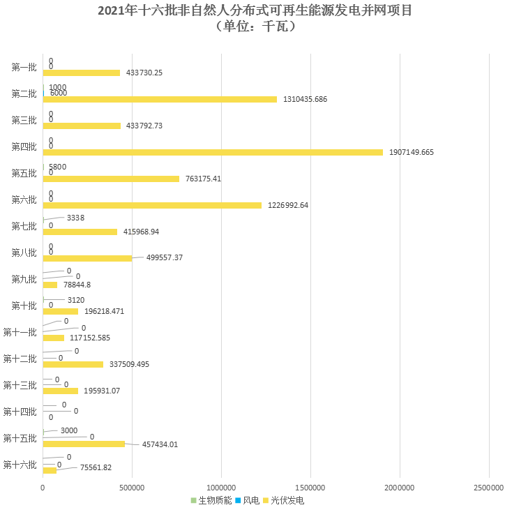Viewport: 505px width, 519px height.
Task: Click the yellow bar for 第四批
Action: point(213,152)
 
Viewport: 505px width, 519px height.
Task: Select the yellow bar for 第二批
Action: point(160,99)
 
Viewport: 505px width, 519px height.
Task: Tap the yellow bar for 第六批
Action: point(152,205)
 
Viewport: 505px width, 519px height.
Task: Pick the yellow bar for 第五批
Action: point(111,179)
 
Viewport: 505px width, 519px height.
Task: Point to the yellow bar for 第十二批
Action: point(73,364)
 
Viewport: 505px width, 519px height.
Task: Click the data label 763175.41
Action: point(203,179)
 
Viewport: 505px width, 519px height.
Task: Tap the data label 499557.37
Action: point(165,257)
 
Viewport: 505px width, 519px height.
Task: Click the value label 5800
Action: point(57,167)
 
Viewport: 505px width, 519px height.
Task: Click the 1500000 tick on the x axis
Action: point(310,487)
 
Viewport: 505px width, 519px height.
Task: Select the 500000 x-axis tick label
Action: point(132,487)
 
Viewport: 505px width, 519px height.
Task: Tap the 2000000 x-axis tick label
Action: point(400,487)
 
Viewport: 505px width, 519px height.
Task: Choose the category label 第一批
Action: point(24,67)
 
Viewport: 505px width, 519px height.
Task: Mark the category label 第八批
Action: point(24,253)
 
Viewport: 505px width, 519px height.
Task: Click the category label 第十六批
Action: point(20,465)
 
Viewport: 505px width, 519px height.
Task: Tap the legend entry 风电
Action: point(249,501)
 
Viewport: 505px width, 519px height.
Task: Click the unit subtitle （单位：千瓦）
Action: point(252,27)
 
